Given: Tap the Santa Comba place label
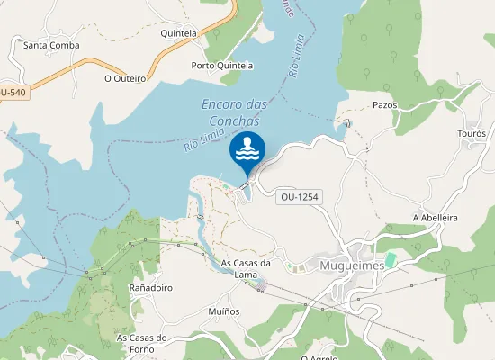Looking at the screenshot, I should (x=51, y=45).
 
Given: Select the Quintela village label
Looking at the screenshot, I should (x=178, y=33).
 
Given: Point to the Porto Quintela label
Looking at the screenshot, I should (x=222, y=66).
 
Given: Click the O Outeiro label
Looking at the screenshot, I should (x=124, y=78).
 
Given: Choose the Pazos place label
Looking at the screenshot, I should (x=384, y=104).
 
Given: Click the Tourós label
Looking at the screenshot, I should (x=472, y=133).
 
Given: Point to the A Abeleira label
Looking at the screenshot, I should (x=436, y=218).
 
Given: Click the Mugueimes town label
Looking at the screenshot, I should (x=352, y=265).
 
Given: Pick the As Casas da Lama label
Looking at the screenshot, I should (x=246, y=268).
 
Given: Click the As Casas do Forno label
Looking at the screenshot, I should (x=143, y=344).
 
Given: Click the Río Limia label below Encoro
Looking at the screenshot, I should (x=202, y=136).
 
